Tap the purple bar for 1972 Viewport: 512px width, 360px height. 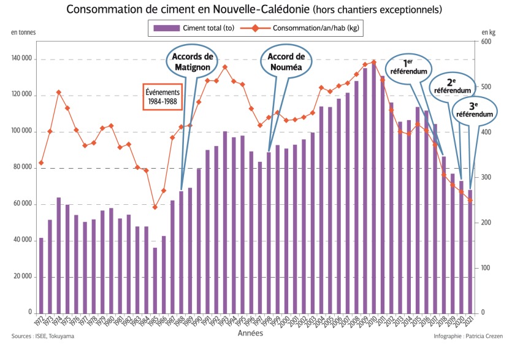(41, 275)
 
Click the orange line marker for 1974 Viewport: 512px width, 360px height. (59, 93)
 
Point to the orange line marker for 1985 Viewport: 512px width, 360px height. (155, 207)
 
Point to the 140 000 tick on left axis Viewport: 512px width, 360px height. (21, 59)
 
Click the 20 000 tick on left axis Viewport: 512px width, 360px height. (23, 277)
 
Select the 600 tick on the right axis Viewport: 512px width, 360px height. (487, 42)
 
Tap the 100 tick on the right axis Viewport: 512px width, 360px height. (487, 268)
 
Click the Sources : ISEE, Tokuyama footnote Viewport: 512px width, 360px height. (41, 337)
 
